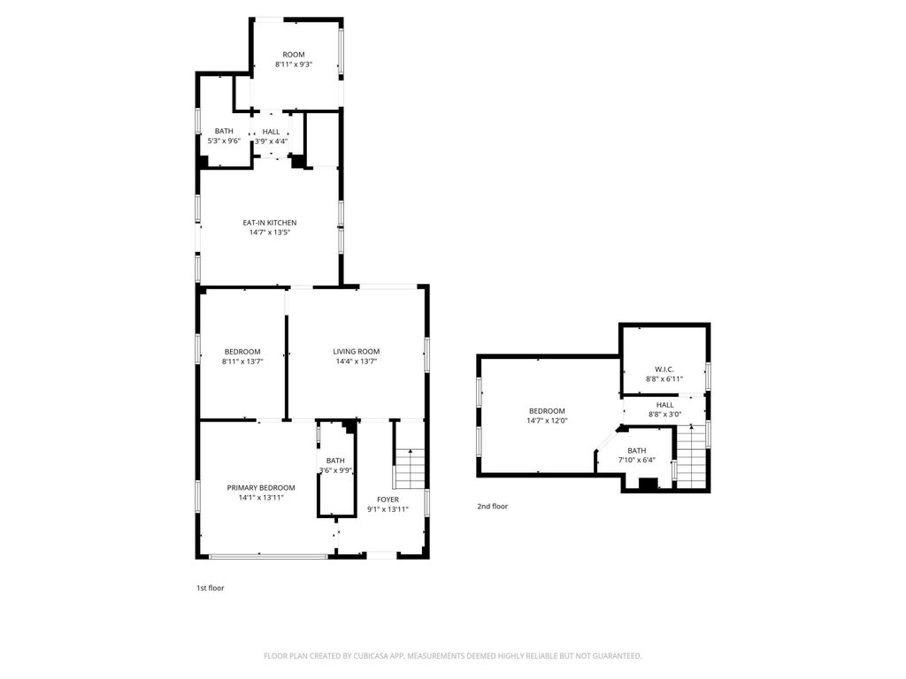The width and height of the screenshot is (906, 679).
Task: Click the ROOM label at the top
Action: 294,54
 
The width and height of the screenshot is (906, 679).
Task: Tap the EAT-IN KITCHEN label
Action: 269,222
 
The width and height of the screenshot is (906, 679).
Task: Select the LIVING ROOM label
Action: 356,351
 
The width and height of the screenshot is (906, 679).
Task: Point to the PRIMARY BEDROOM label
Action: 261,487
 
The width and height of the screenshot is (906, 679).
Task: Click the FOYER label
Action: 388,500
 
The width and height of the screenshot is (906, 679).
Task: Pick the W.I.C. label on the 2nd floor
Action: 664,370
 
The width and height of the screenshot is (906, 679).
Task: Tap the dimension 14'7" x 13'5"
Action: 269,233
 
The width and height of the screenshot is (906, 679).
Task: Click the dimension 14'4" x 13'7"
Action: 356,362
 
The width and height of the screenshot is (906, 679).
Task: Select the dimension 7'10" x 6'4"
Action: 637,460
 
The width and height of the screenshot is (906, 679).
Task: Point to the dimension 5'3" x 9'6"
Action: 224,141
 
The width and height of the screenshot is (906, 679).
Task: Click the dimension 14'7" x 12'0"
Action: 547,421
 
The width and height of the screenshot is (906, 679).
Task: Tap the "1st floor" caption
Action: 211,588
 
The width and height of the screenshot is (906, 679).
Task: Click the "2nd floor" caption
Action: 492,507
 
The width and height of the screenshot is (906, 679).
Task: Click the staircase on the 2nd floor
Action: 692,457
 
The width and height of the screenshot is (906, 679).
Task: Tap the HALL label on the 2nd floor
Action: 664,405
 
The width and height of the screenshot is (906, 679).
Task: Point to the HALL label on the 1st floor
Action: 271,132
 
